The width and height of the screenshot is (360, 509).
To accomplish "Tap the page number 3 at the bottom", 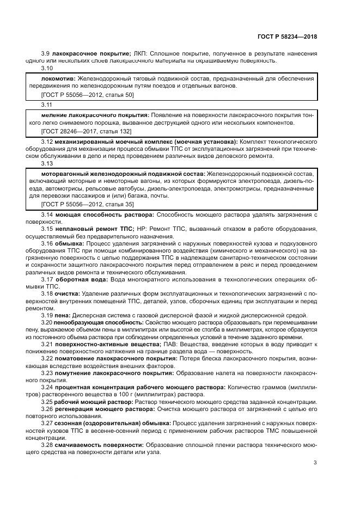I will tap(315, 463).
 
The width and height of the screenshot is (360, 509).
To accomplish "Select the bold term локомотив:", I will tap(59, 78).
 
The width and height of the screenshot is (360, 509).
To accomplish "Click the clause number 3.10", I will tap(47, 69).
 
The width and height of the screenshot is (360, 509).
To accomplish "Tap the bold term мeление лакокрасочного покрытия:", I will tap(95, 115).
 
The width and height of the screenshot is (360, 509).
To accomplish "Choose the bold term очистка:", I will tap(66, 294).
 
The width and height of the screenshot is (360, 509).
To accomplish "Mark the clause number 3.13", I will tap(47, 163).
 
